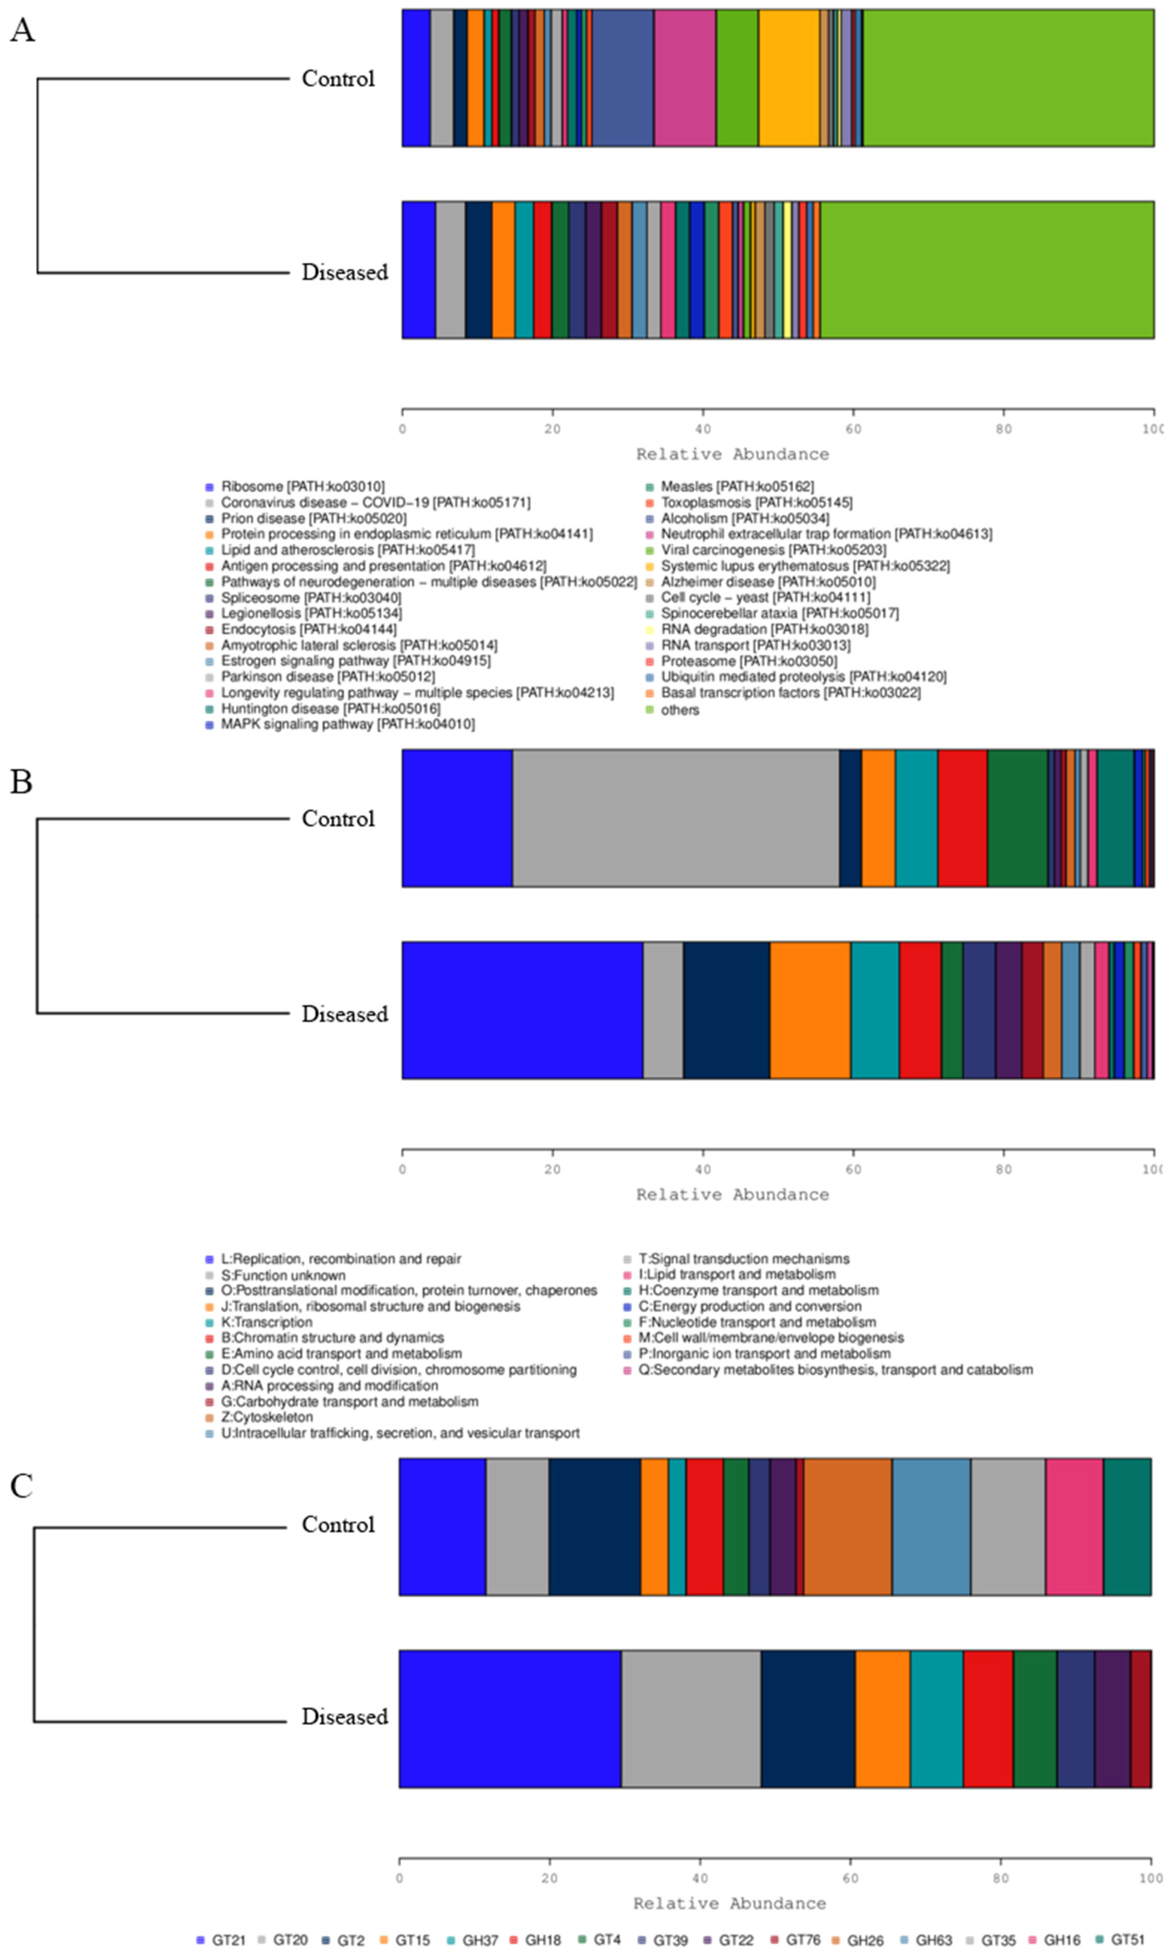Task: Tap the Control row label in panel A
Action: [x=338, y=78]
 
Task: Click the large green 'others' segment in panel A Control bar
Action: [x=1007, y=78]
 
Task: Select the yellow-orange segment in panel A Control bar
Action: [x=789, y=78]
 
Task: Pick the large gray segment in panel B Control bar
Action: [x=676, y=818]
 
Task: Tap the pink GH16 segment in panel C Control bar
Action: [x=1074, y=1526]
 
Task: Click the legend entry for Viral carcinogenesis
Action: [x=773, y=549]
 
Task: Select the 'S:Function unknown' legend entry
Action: [x=283, y=1275]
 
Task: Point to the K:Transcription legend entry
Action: [x=266, y=1323]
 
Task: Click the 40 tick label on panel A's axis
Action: [x=702, y=429]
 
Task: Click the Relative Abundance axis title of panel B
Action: [x=732, y=1194]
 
